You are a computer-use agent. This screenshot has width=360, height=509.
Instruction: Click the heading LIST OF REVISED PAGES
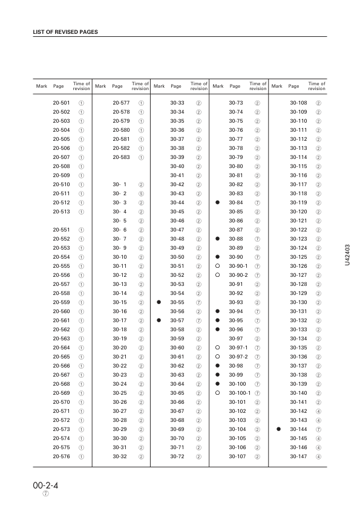(65, 31)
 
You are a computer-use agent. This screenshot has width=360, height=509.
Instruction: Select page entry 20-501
(61, 103)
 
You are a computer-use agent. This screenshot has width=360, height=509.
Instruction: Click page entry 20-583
(122, 157)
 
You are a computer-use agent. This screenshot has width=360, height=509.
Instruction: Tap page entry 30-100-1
(241, 393)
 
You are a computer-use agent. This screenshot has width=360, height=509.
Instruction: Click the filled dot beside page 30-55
(159, 302)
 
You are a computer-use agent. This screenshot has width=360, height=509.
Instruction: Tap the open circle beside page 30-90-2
(217, 275)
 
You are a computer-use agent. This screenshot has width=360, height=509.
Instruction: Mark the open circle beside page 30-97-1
(217, 348)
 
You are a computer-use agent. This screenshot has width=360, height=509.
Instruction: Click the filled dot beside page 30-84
(217, 202)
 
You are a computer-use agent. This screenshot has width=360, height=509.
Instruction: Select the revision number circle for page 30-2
(141, 193)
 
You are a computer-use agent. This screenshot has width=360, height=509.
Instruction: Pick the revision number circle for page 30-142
(318, 410)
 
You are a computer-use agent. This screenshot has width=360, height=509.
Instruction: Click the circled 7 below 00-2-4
(45, 495)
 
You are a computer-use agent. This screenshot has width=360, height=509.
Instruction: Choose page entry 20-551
(61, 230)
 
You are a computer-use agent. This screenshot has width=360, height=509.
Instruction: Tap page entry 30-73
(236, 103)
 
